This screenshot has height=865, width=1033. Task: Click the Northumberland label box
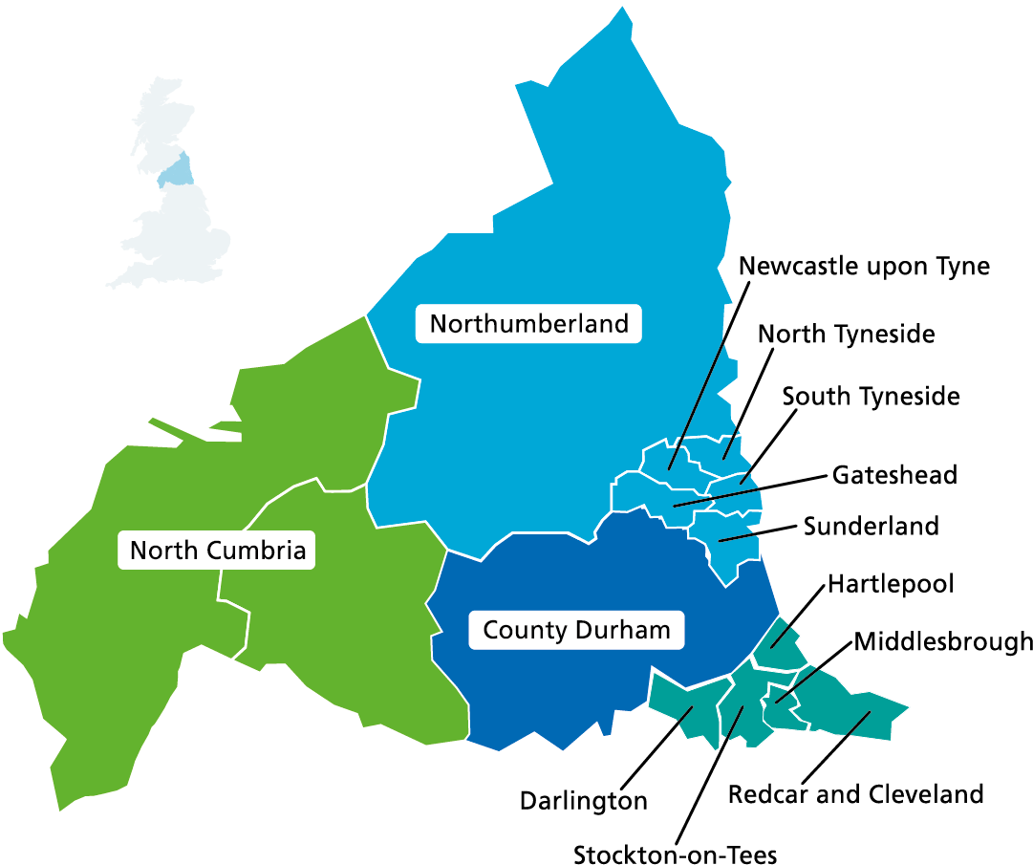(528, 324)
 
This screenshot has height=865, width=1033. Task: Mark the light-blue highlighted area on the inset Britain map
(175, 173)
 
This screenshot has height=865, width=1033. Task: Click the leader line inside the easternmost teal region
(857, 724)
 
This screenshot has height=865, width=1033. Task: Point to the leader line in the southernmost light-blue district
(737, 539)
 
